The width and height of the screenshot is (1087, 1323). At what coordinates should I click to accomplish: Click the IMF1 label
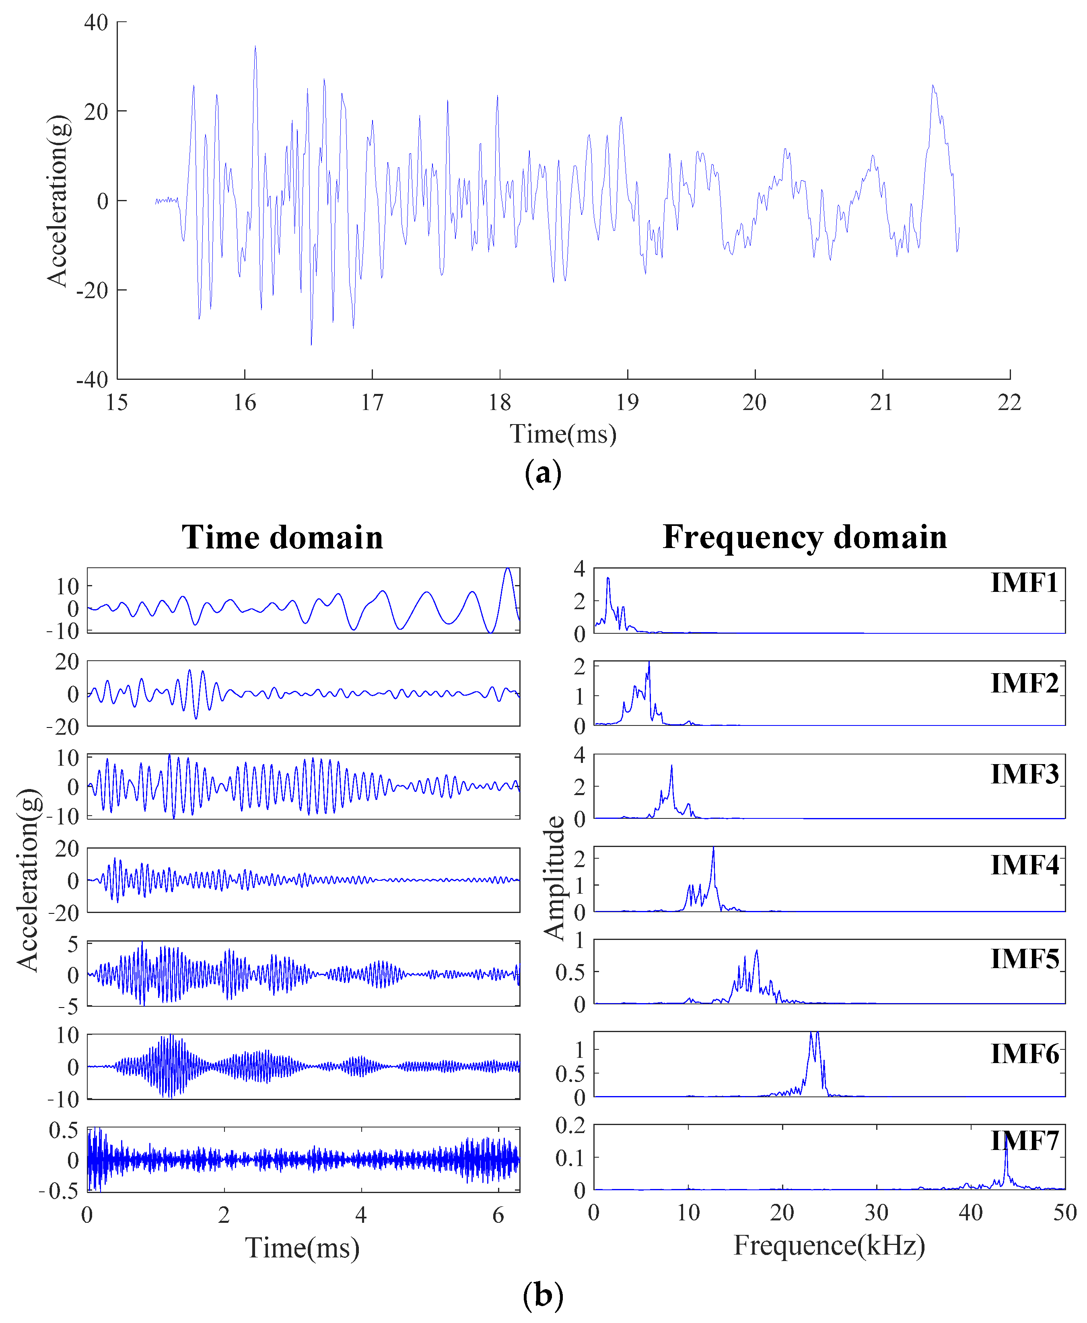(1024, 583)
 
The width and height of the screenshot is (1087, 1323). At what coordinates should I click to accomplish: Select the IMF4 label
(1024, 866)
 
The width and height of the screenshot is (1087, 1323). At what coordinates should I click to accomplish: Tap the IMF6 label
(1024, 1054)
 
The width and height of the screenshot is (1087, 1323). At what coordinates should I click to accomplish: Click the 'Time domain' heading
(282, 537)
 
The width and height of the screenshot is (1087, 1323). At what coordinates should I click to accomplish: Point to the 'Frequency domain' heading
(805, 537)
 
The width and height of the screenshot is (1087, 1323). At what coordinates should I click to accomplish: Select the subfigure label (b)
(543, 1295)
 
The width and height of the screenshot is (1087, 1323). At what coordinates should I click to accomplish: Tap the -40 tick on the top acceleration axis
(93, 379)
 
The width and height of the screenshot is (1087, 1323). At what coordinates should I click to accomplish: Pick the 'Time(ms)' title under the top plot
(563, 434)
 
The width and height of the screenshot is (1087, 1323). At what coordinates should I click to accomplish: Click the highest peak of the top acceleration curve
(255, 47)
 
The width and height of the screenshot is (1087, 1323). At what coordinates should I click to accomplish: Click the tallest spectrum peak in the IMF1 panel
(607, 579)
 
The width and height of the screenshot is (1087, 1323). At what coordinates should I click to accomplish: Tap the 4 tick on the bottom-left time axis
(361, 1215)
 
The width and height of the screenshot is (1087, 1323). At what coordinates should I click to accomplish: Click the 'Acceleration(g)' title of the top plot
(58, 200)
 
